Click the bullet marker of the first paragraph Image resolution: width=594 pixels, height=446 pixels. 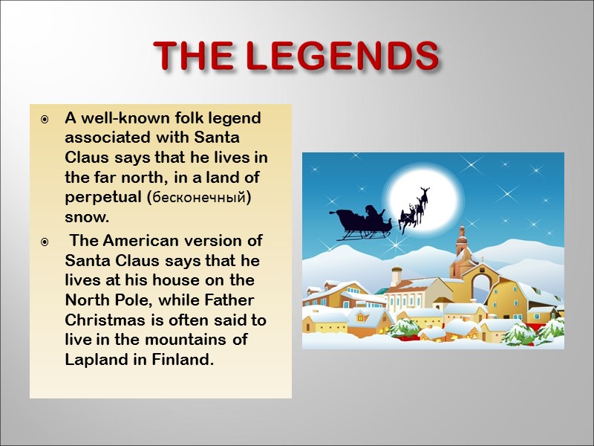click(x=46, y=119)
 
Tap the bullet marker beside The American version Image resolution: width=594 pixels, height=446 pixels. click(x=46, y=242)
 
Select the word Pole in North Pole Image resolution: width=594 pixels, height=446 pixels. click(x=128, y=300)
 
